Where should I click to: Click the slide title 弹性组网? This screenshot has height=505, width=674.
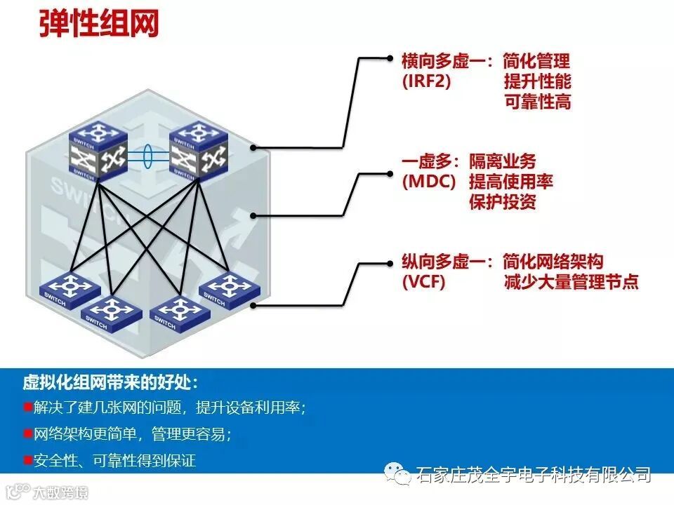98,24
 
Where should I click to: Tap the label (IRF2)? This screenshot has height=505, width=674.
426,81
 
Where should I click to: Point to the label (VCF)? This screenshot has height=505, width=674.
423,283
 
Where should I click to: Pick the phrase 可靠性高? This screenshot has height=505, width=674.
537,102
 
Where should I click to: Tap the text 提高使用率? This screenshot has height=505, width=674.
510,182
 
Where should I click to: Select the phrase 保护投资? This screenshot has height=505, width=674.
502,202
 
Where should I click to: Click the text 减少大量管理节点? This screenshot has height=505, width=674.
571,283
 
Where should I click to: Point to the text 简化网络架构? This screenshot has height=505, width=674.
553,263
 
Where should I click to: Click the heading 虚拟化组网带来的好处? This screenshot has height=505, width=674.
110,383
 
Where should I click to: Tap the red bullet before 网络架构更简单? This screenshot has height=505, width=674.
27,433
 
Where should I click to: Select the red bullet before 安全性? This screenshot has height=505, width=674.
27,460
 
